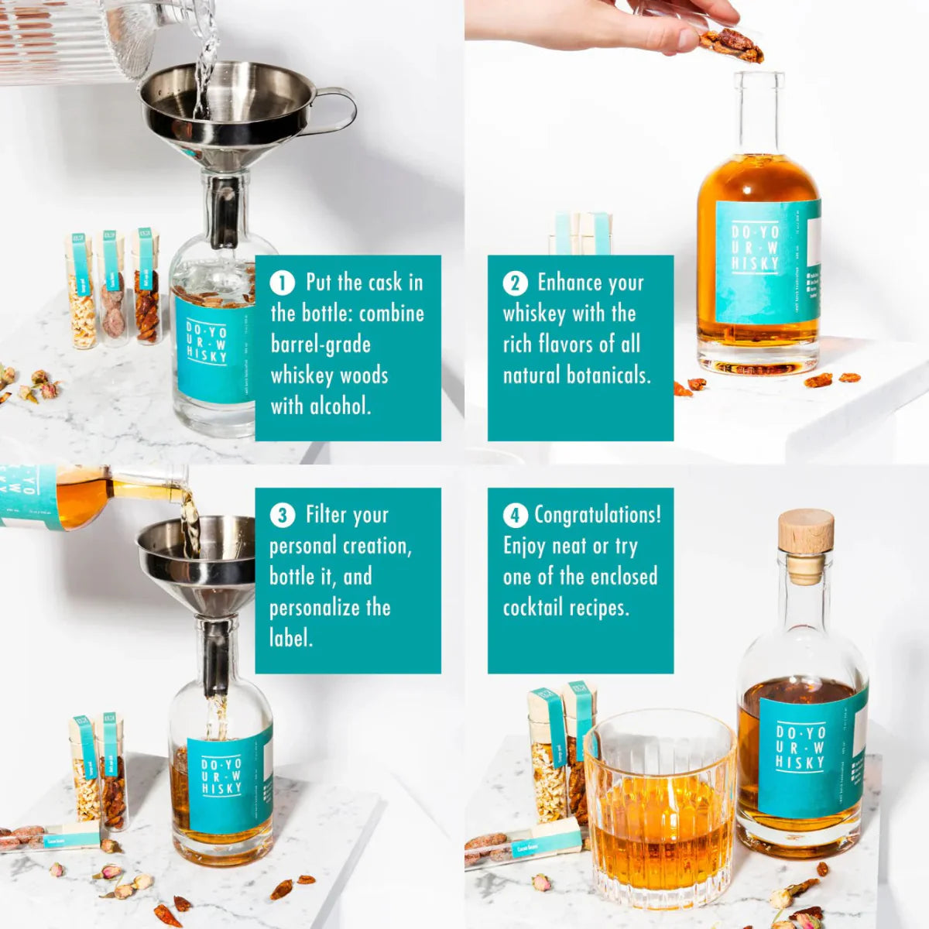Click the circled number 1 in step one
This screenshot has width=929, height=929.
tap(282, 283)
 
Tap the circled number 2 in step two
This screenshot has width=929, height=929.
tap(515, 283)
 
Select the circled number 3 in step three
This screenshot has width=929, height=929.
tap(282, 516)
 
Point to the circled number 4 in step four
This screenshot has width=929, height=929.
tap(515, 516)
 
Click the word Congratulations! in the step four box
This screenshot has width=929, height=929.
tap(598, 515)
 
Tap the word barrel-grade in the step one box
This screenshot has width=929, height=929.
tap(321, 345)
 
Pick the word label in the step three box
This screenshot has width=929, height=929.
tap(290, 639)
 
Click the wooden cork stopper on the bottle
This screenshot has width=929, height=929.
tap(806, 534)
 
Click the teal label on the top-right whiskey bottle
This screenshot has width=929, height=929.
tap(763, 263)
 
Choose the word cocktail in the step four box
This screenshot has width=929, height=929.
tap(533, 608)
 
